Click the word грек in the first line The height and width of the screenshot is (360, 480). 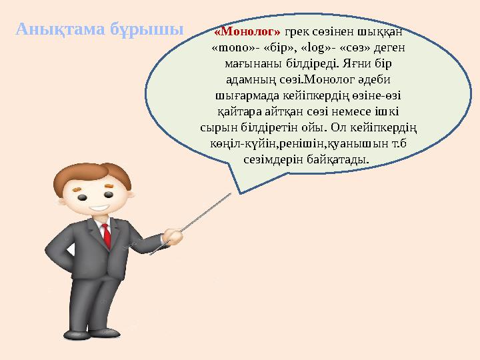[x=297, y=31]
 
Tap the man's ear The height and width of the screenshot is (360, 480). [x=65, y=198]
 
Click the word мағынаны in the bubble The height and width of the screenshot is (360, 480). [x=245, y=64]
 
